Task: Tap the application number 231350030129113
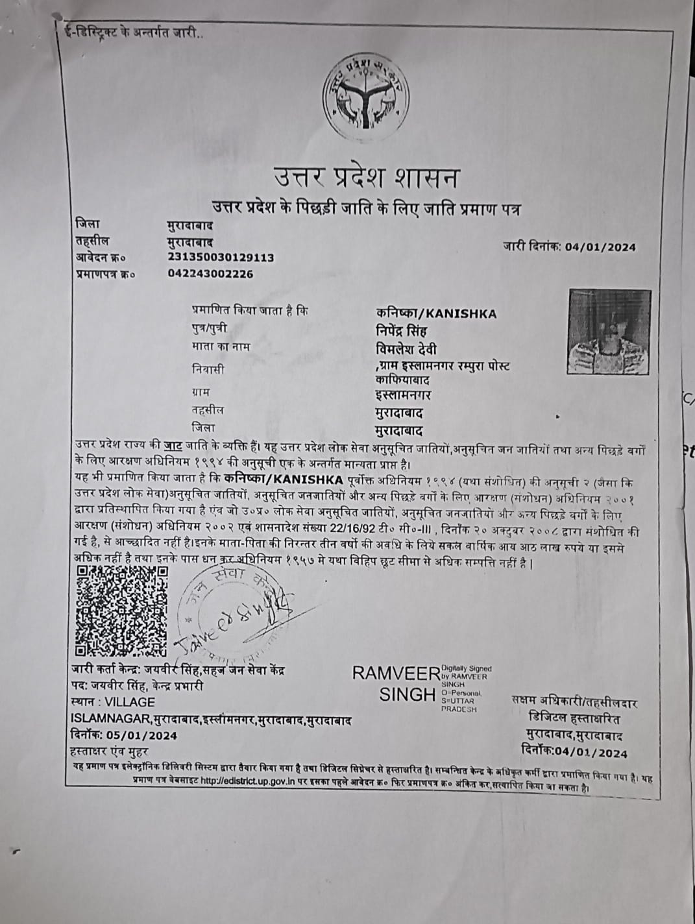coord(220,258)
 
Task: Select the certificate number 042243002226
coord(210,274)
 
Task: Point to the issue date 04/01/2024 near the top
coord(600,247)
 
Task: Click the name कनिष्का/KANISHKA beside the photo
coord(436,314)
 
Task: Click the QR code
coord(122,610)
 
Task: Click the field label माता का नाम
coord(220,346)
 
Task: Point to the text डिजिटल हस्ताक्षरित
coord(574,719)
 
